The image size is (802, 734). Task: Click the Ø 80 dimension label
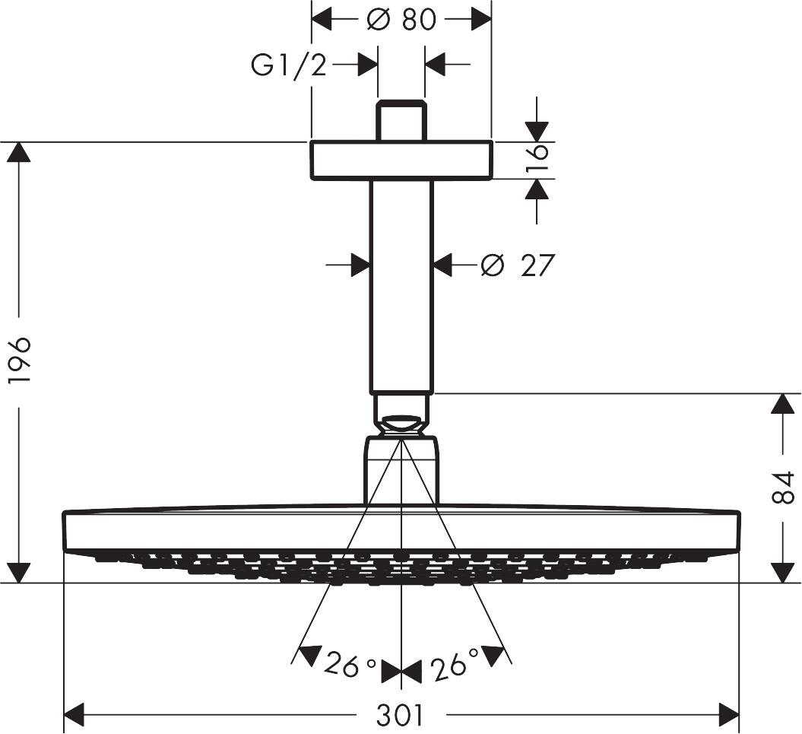pyautogui.click(x=401, y=19)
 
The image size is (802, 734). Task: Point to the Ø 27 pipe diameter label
pyautogui.click(x=518, y=265)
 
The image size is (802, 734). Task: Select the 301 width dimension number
pyautogui.click(x=401, y=715)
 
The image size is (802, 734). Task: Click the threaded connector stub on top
pyautogui.click(x=401, y=119)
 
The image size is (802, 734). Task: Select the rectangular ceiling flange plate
pyautogui.click(x=401, y=160)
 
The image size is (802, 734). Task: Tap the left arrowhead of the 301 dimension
pyautogui.click(x=74, y=714)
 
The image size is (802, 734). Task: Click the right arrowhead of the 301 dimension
pyautogui.click(x=729, y=714)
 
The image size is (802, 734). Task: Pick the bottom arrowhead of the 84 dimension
pyautogui.click(x=783, y=573)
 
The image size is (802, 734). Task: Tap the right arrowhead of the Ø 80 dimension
pyautogui.click(x=481, y=19)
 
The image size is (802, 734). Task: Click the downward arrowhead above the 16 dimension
pyautogui.click(x=537, y=132)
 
